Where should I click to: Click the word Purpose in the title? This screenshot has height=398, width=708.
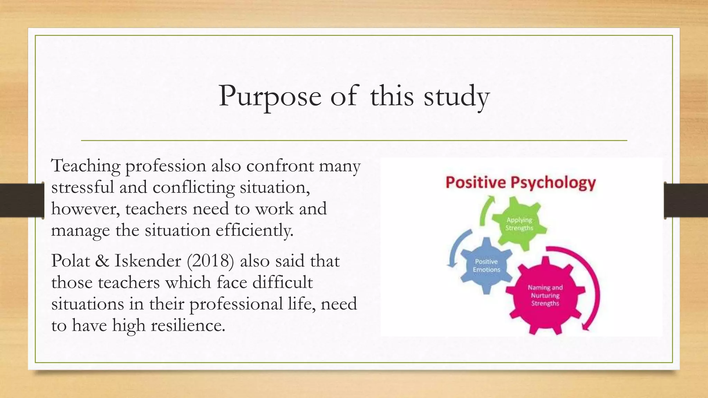[x=270, y=96]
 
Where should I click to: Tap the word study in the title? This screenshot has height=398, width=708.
[x=456, y=96]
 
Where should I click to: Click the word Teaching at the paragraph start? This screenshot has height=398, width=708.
[x=85, y=166]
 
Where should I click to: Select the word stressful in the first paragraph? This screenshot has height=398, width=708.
[x=82, y=188]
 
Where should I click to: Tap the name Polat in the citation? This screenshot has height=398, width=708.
[x=69, y=261]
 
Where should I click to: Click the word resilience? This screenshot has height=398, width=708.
[x=188, y=325]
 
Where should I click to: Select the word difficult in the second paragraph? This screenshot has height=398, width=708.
[x=282, y=282]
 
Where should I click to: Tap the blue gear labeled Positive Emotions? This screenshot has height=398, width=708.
[x=486, y=265]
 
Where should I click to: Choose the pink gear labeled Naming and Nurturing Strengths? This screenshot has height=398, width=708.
[x=545, y=295]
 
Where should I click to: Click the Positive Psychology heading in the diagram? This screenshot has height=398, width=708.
[x=521, y=182]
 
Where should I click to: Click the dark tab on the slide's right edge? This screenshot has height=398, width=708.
[x=686, y=200]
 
